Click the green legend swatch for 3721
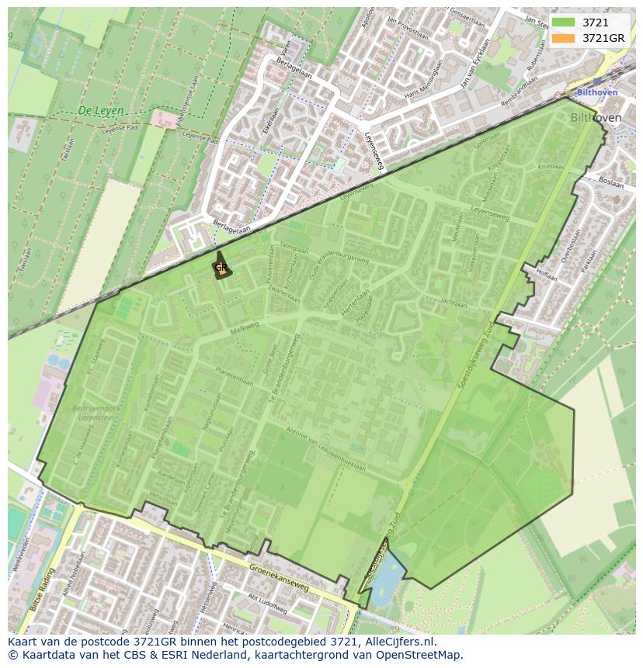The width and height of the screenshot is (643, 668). click(x=564, y=22)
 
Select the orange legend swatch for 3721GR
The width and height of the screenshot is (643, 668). click(x=564, y=38)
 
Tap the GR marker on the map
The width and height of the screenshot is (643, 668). click(x=221, y=268)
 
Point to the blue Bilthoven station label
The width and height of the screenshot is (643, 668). click(x=597, y=92)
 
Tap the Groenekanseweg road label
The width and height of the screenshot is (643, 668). click(x=280, y=576)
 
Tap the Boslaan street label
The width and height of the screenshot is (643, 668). click(x=612, y=185)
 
